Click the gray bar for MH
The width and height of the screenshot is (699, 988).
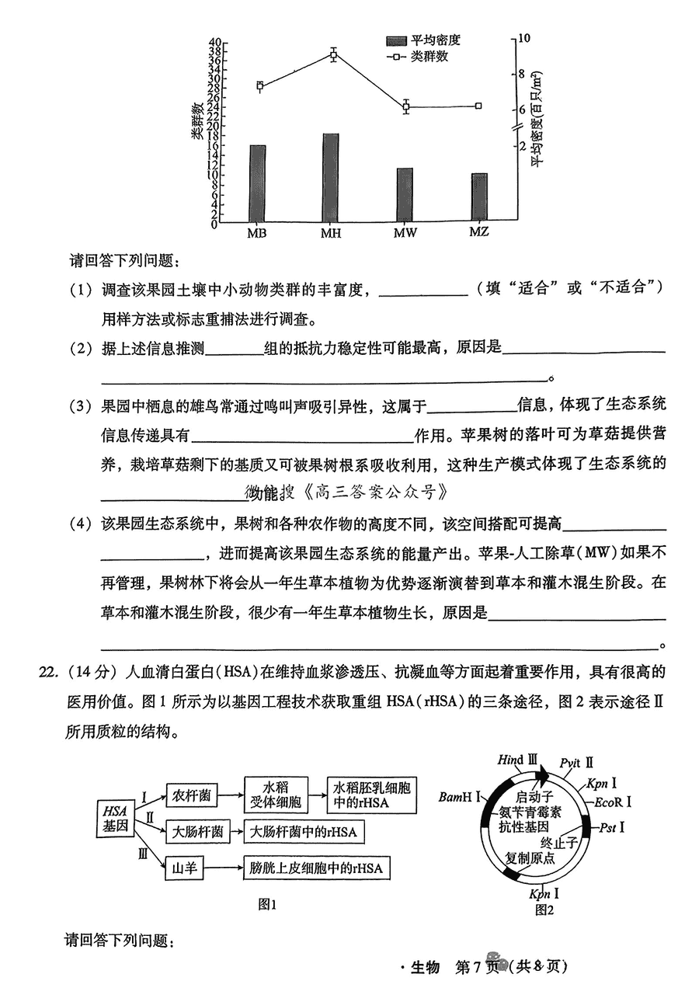(331, 177)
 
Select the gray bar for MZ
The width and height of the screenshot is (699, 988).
(479, 197)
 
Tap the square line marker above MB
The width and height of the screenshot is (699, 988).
(259, 85)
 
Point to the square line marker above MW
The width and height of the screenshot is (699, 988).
(406, 106)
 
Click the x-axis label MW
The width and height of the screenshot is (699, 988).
(405, 232)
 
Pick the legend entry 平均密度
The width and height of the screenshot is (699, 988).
(423, 40)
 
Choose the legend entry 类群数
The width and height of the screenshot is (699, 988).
(417, 57)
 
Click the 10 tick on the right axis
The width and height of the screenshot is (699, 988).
(523, 38)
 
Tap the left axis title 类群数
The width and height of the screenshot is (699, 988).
(196, 121)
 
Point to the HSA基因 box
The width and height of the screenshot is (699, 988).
(115, 819)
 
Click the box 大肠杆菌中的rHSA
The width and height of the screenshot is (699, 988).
(304, 833)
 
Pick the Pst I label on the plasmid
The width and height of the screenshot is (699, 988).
(612, 827)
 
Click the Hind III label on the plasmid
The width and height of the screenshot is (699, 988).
(517, 760)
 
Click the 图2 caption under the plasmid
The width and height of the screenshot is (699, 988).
(544, 910)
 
